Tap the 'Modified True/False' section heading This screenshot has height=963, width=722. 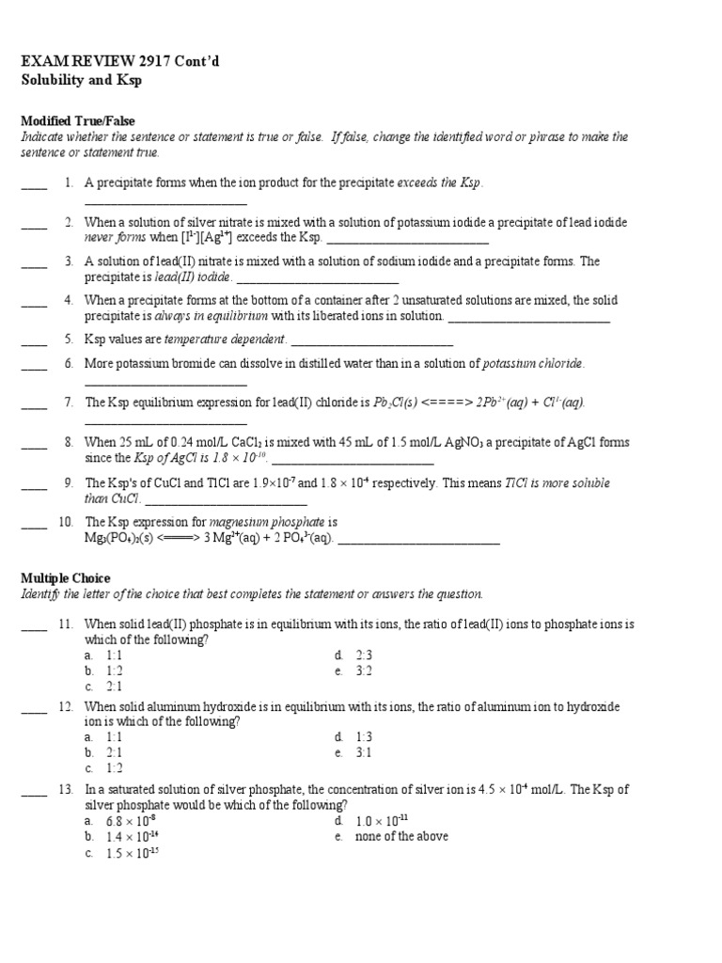click(x=78, y=121)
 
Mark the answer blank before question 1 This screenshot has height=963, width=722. click(x=34, y=183)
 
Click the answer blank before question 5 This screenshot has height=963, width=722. click(x=34, y=339)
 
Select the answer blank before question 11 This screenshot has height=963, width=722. click(x=34, y=624)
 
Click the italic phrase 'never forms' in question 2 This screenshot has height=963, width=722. click(x=115, y=237)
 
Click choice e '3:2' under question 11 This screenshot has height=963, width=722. click(x=364, y=671)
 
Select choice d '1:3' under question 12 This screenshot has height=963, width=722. click(x=364, y=737)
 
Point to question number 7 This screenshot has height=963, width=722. click(x=69, y=403)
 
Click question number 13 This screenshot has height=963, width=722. click(x=66, y=790)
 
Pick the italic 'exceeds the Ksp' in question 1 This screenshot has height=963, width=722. click(x=440, y=182)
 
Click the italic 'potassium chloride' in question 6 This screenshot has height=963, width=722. click(x=533, y=363)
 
